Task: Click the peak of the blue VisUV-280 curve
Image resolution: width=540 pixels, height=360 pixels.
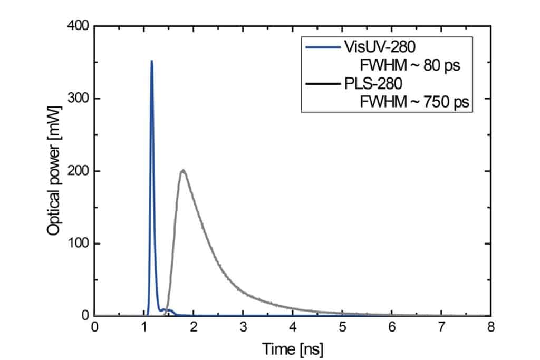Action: click(151, 61)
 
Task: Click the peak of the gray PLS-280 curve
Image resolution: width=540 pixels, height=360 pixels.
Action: click(183, 170)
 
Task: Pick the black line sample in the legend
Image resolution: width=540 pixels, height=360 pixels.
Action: click(323, 84)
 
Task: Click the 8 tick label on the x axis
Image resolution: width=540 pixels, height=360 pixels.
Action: click(491, 327)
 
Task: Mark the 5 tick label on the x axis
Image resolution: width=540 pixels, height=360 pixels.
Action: click(342, 327)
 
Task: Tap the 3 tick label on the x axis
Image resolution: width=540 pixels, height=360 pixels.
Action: click(243, 327)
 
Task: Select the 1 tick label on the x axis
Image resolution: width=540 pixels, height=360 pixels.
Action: click(144, 327)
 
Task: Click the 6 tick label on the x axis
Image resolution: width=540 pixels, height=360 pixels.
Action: click(392, 327)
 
